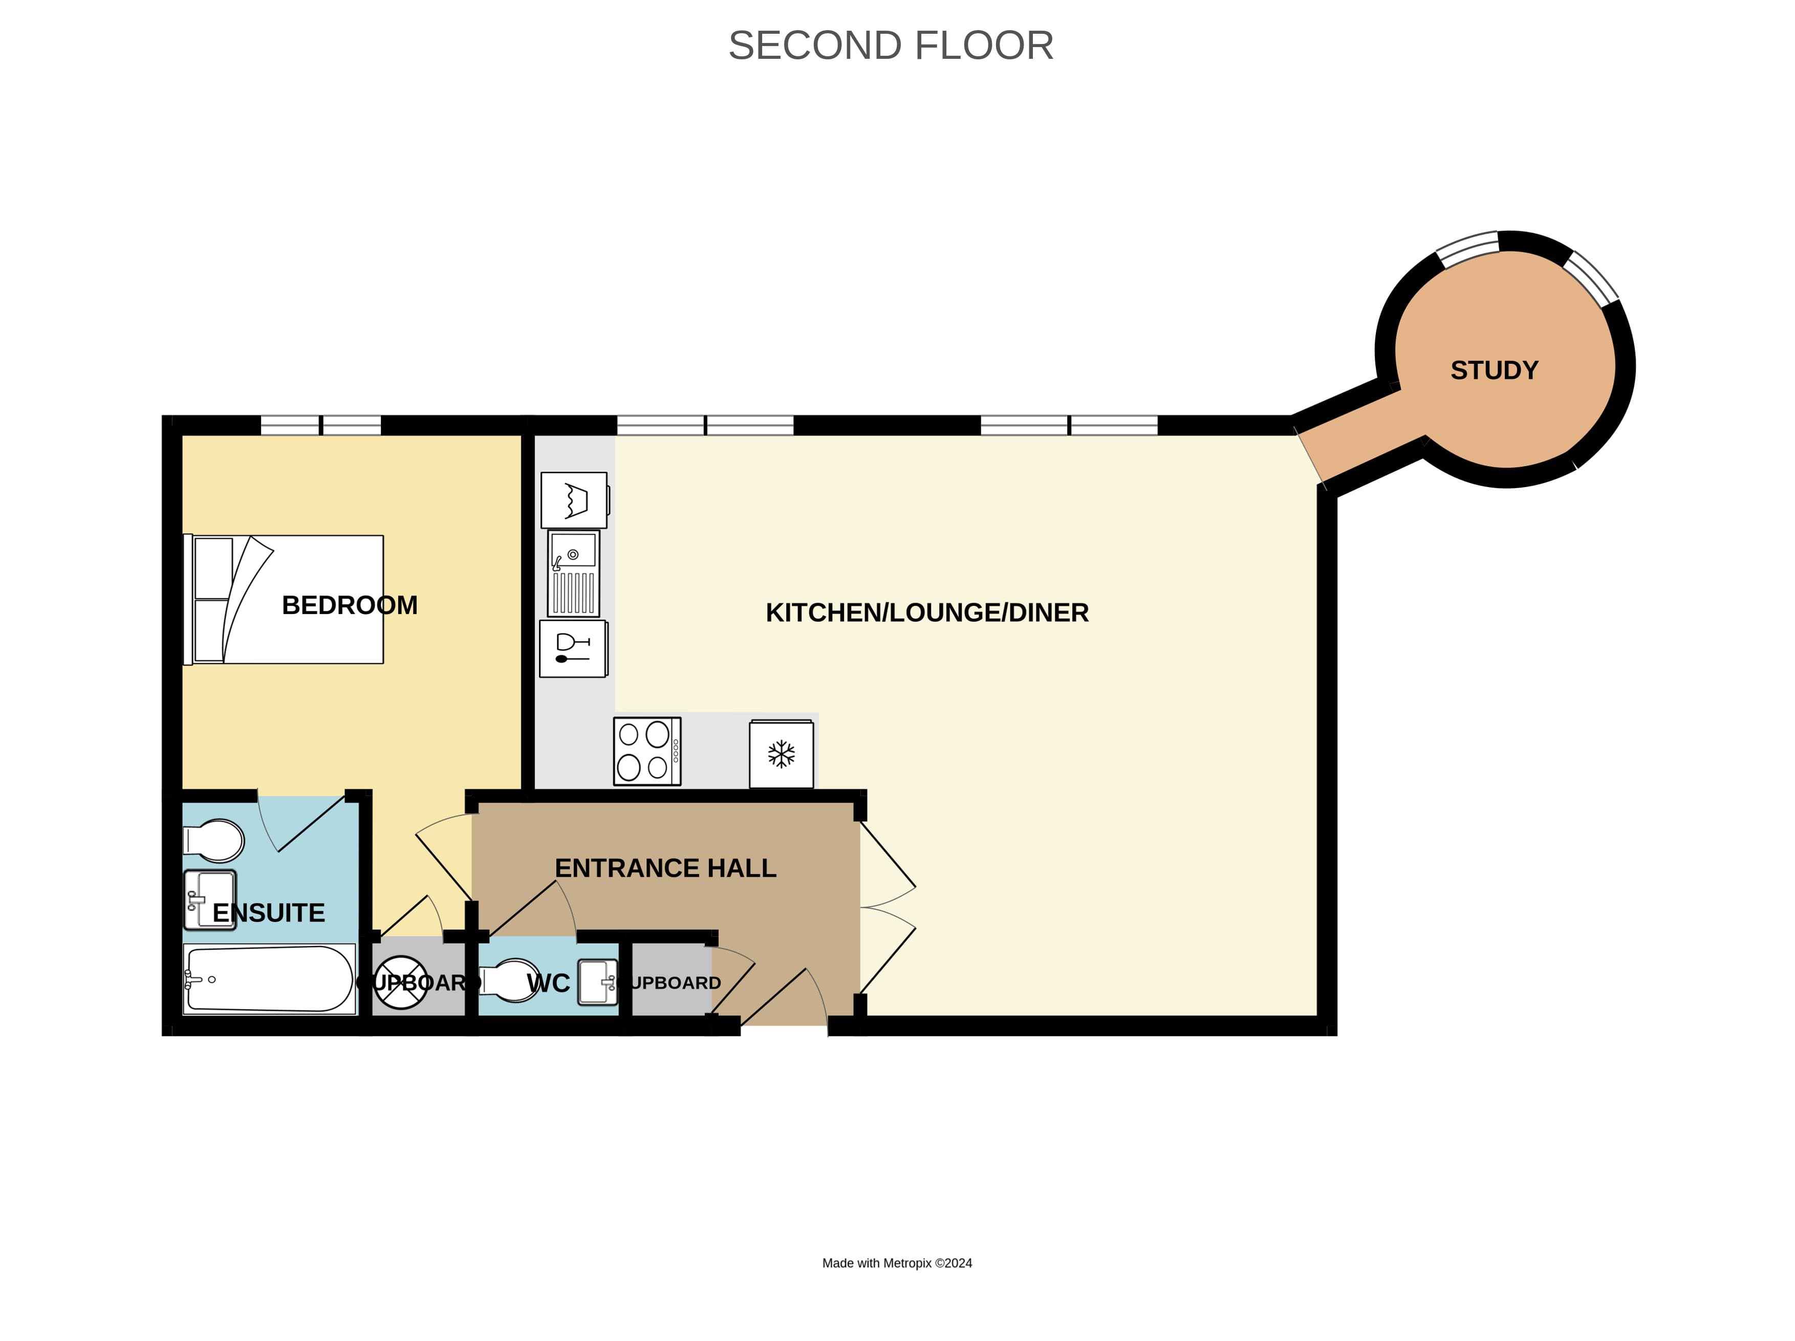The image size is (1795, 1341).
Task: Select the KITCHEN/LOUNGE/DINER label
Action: pyautogui.click(x=927, y=612)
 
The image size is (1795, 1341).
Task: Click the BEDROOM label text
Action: pyautogui.click(x=349, y=605)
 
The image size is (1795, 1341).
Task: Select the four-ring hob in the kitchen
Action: pyautogui.click(x=647, y=751)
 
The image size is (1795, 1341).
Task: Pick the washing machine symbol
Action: pyautogui.click(x=574, y=500)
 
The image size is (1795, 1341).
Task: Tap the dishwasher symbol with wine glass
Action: pyautogui.click(x=573, y=648)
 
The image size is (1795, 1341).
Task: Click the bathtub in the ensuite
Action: pyautogui.click(x=269, y=979)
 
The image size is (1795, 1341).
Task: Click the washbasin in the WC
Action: pyautogui.click(x=598, y=982)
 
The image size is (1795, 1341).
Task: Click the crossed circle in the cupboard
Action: pyautogui.click(x=401, y=982)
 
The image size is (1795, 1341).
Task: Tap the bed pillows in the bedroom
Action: pyautogui.click(x=212, y=600)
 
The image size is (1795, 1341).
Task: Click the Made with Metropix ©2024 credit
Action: pyautogui.click(x=897, y=1263)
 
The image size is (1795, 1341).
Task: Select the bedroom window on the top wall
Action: pyautogui.click(x=320, y=425)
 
